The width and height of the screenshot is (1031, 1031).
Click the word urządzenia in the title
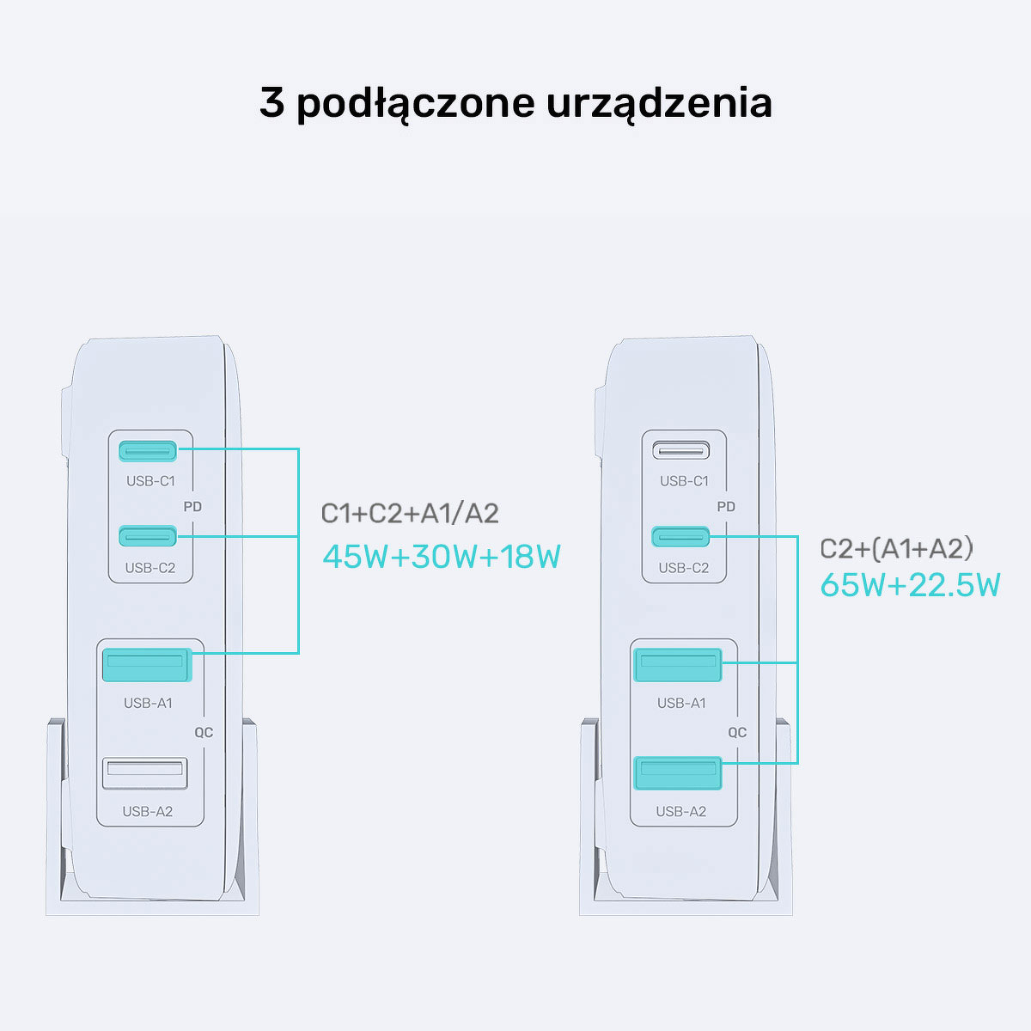coord(659,104)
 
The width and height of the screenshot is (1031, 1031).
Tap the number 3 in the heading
coord(271,101)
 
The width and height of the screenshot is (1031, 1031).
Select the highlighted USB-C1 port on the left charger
coord(148,451)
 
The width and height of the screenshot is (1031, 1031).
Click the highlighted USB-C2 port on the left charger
coord(148,536)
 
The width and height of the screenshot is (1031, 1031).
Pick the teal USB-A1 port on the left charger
coord(147,664)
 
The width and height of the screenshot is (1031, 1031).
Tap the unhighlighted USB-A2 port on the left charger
coord(145,773)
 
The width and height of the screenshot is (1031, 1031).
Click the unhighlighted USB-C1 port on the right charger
coord(681,450)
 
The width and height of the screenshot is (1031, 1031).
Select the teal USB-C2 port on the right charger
coord(680,537)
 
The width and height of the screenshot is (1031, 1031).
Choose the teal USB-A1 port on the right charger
coord(678,665)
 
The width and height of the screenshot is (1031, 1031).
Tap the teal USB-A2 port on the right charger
coord(678,773)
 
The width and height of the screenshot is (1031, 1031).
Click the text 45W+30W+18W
coord(442,557)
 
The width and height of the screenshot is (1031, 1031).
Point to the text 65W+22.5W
coord(910,585)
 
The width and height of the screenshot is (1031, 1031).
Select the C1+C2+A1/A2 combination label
coord(410,514)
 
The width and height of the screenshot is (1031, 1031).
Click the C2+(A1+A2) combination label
coord(896,549)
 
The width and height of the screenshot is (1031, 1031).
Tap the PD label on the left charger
coord(192,507)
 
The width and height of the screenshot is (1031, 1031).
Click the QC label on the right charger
coord(737,733)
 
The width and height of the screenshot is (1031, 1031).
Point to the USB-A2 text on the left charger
coord(148,812)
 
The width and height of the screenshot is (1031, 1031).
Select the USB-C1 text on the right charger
coord(684,481)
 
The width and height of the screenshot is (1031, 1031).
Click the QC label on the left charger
coord(204,733)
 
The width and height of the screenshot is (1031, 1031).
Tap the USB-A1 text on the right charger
coord(681,703)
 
